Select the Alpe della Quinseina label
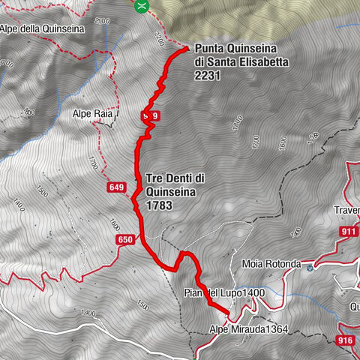click(43, 30)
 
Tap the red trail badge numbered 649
click(115, 187)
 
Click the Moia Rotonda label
click(271, 265)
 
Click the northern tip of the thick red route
click(187, 49)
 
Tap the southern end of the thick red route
click(227, 310)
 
